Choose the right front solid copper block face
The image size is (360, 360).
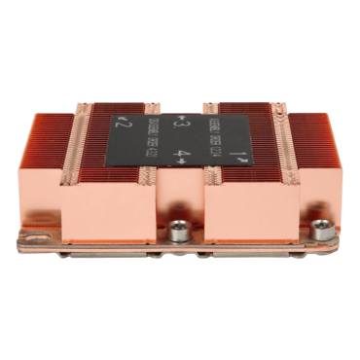pyautogui.click(x=248, y=208)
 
